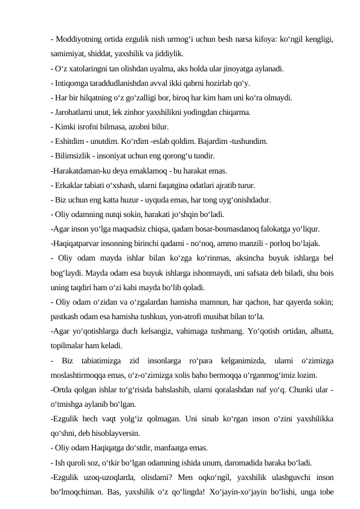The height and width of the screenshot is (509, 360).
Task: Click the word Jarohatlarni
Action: [x=75, y=112]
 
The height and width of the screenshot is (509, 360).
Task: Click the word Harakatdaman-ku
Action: [x=84, y=171]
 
